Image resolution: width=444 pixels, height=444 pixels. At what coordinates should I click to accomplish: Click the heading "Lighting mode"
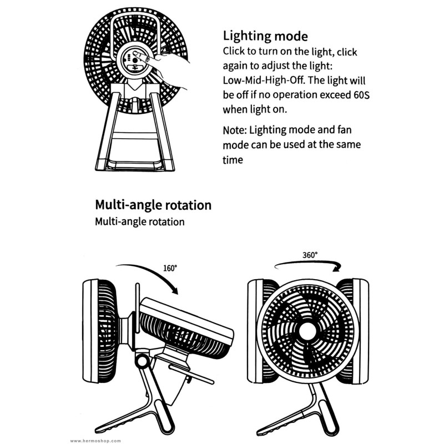point(265,37)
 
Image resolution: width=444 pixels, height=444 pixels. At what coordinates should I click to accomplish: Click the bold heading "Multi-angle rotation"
point(153,205)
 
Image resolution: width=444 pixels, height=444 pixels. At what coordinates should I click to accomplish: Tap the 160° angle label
point(170,268)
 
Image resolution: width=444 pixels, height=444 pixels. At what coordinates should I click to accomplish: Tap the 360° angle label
point(310,255)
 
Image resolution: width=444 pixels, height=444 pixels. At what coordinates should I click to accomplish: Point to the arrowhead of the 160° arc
point(174,290)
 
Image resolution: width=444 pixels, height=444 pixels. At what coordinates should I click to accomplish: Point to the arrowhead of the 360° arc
point(337,268)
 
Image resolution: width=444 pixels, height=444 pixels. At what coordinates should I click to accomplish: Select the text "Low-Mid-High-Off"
point(264,80)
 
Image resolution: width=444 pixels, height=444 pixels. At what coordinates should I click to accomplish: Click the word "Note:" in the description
point(235,130)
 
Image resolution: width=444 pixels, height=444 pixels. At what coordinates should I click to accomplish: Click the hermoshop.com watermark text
point(95,441)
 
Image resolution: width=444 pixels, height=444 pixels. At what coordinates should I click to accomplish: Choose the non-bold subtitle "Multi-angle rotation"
point(140,221)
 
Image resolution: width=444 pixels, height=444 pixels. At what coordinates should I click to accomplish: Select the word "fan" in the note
point(344,130)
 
